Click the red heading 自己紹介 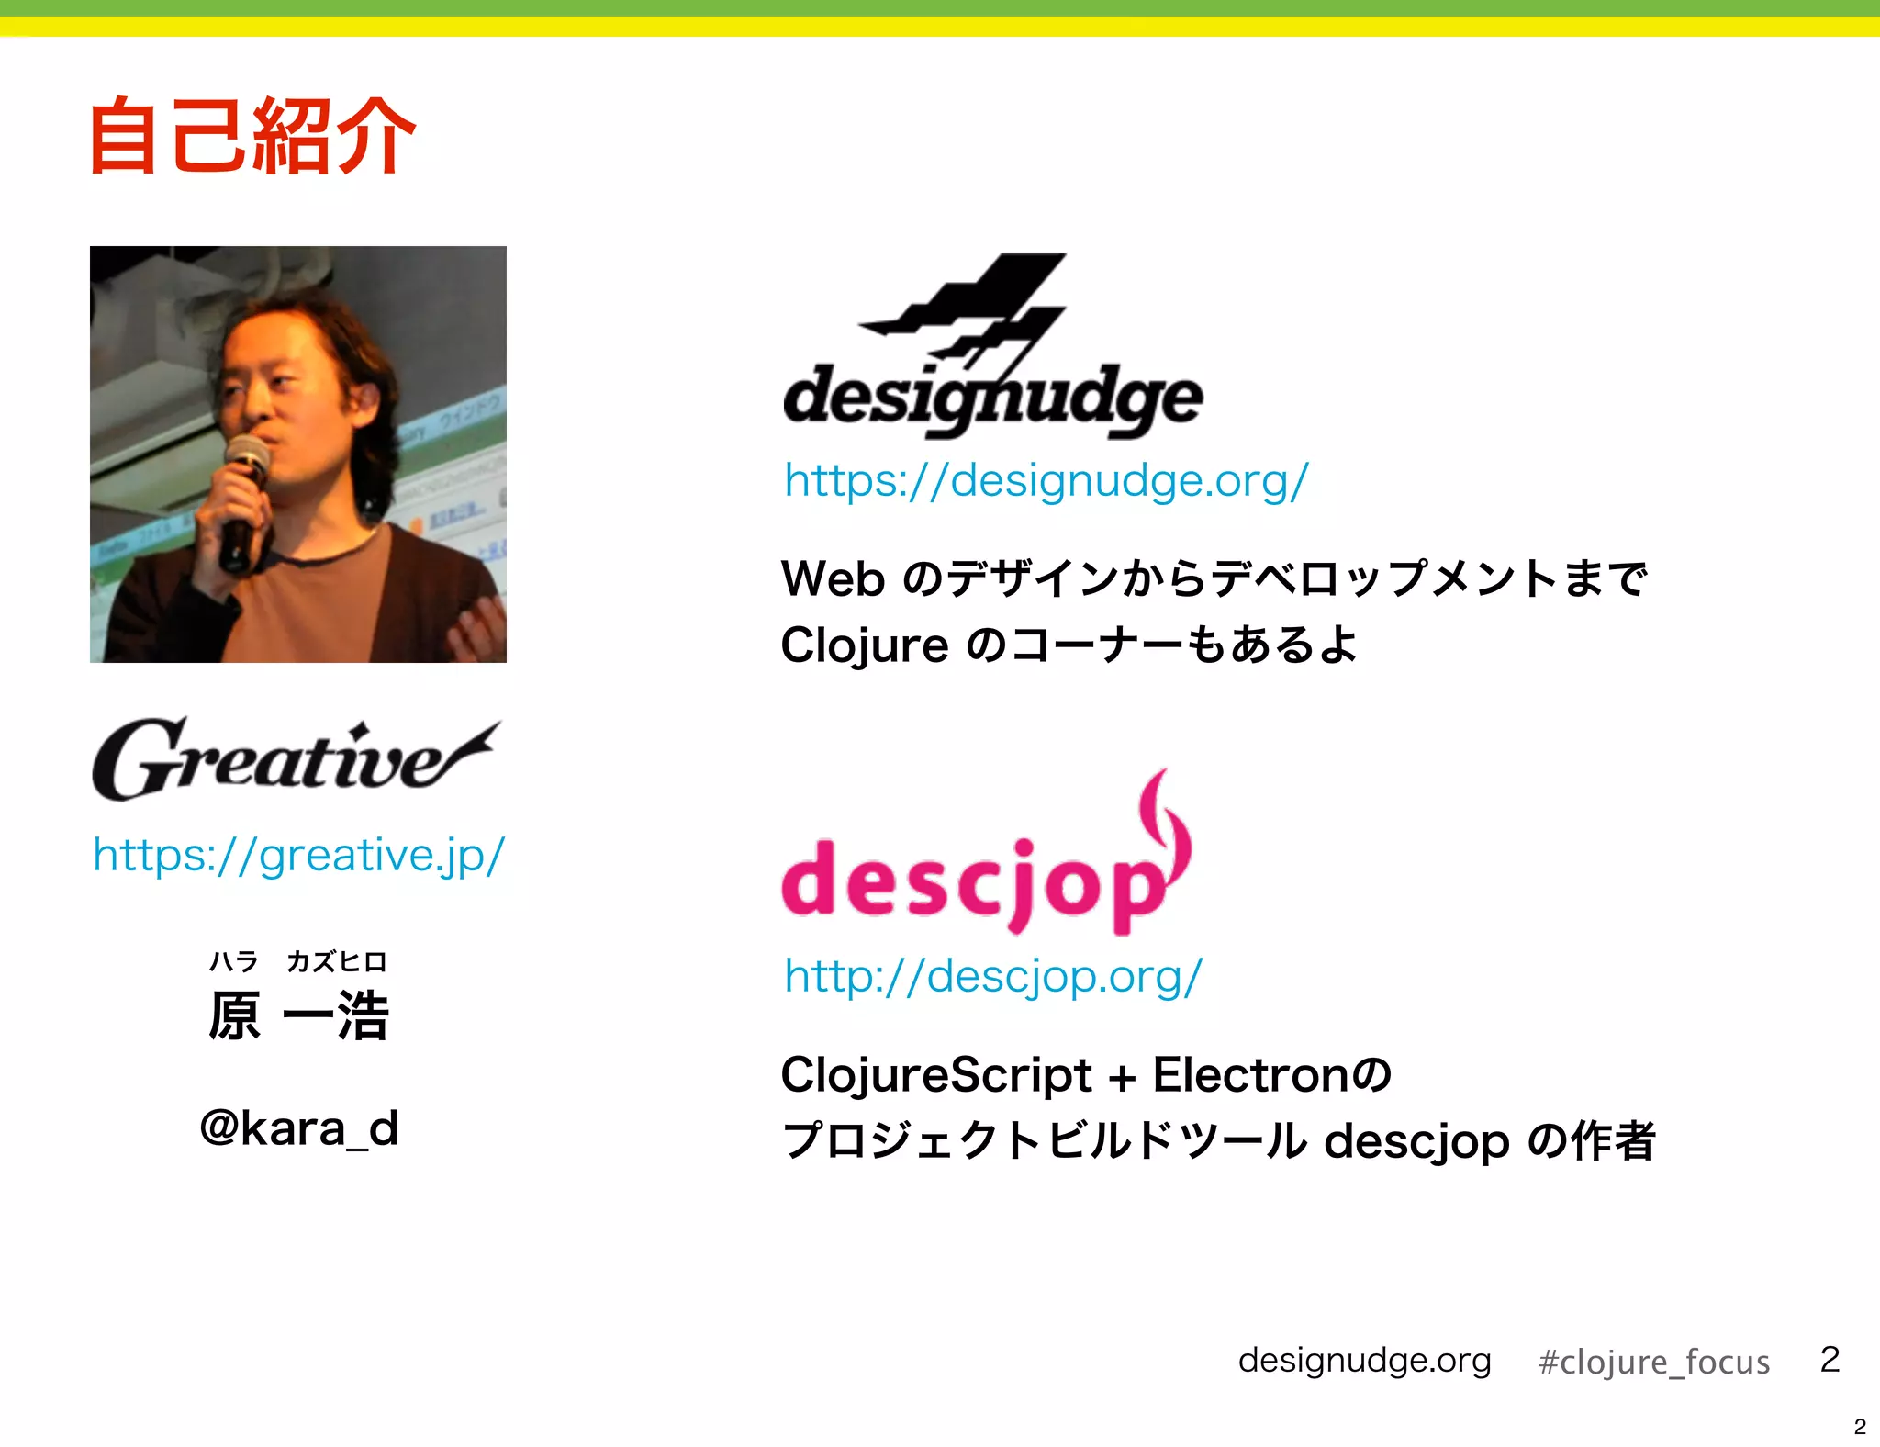tap(252, 137)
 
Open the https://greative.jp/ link tap(298, 856)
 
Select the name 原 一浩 tap(298, 1015)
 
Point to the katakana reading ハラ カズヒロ tap(298, 961)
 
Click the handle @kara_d tap(298, 1128)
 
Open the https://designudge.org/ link tap(1046, 481)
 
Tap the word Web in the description tap(833, 579)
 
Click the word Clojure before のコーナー tap(864, 645)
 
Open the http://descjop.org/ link tap(992, 976)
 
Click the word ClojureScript tap(935, 1075)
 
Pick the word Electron tap(1252, 1075)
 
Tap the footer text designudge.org tap(1364, 1360)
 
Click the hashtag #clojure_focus tap(1653, 1362)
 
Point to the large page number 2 tap(1830, 1359)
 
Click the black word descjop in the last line tap(1416, 1142)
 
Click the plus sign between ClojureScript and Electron tap(1122, 1077)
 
